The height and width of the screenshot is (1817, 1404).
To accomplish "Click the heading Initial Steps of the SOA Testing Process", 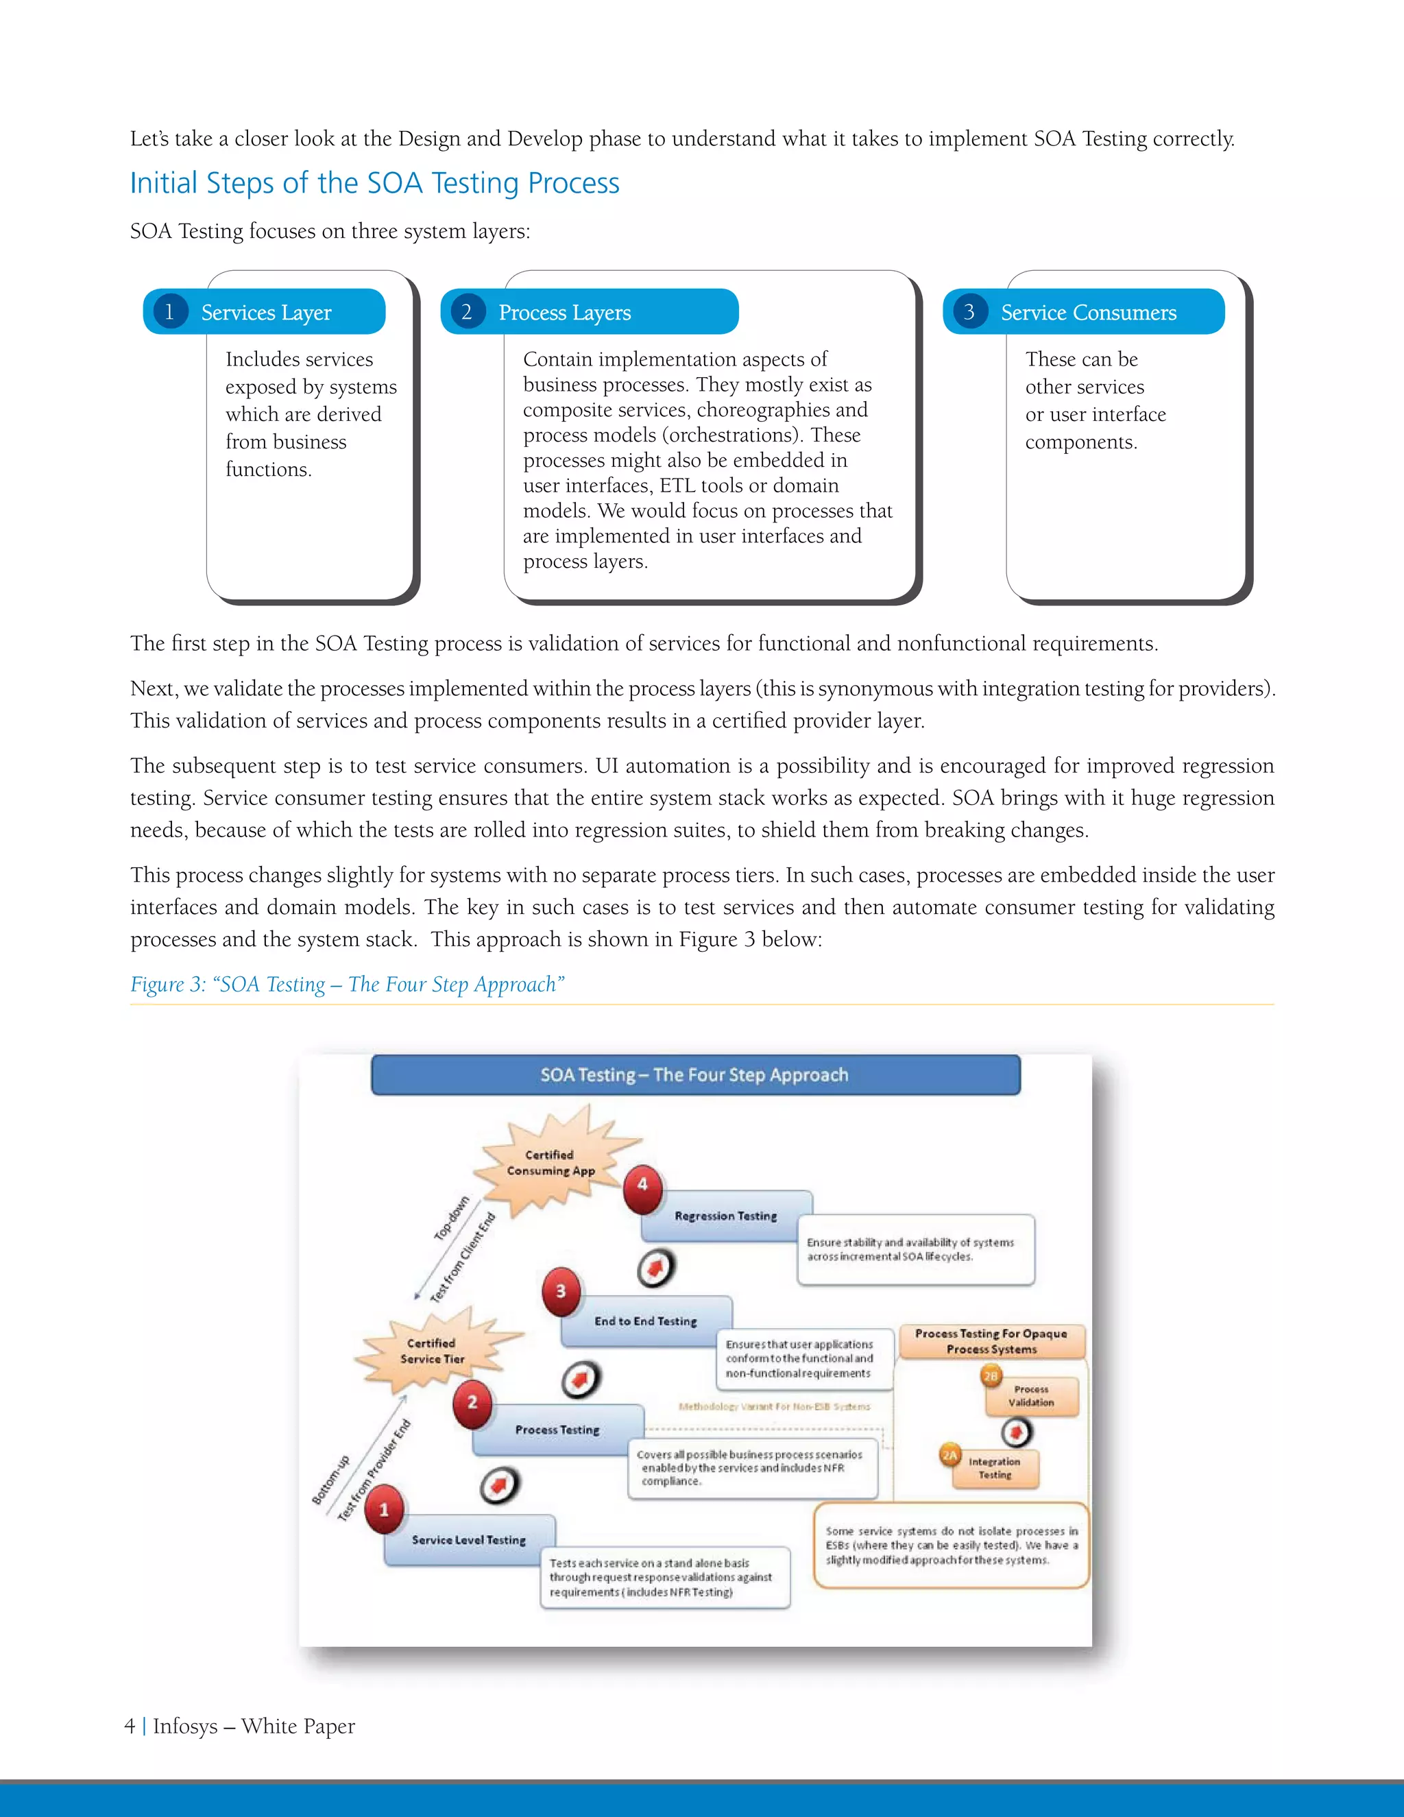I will coord(374,183).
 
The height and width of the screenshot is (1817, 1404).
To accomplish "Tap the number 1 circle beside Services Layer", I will coord(170,312).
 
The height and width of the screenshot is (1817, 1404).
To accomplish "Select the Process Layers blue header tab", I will coord(590,312).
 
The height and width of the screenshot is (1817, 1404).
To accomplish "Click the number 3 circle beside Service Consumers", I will coord(969,312).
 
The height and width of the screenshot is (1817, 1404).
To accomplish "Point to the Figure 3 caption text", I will coord(347,984).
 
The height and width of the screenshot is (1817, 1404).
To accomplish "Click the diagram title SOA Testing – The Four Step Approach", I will coord(695,1075).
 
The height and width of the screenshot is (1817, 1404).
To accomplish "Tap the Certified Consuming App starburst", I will coord(550,1162).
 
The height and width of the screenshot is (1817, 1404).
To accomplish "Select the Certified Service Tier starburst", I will coord(433,1350).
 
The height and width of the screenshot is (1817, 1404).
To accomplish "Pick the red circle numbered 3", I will coord(561,1291).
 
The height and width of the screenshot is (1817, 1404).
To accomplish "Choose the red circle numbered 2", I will coord(472,1403).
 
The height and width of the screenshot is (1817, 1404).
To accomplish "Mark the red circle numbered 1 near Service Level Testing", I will coord(383,1509).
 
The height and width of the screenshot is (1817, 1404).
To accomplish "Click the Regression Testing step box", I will coord(725,1216).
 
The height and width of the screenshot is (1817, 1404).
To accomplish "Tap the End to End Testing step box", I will coord(645,1321).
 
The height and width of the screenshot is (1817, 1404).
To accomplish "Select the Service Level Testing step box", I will coord(469,1540).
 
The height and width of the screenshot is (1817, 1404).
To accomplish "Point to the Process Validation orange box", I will coord(1031,1396).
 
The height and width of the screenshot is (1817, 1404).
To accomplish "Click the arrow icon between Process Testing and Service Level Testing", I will coord(500,1486).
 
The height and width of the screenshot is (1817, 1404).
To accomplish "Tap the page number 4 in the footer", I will coord(130,1726).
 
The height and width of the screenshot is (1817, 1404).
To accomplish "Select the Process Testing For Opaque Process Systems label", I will coord(991,1341).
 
